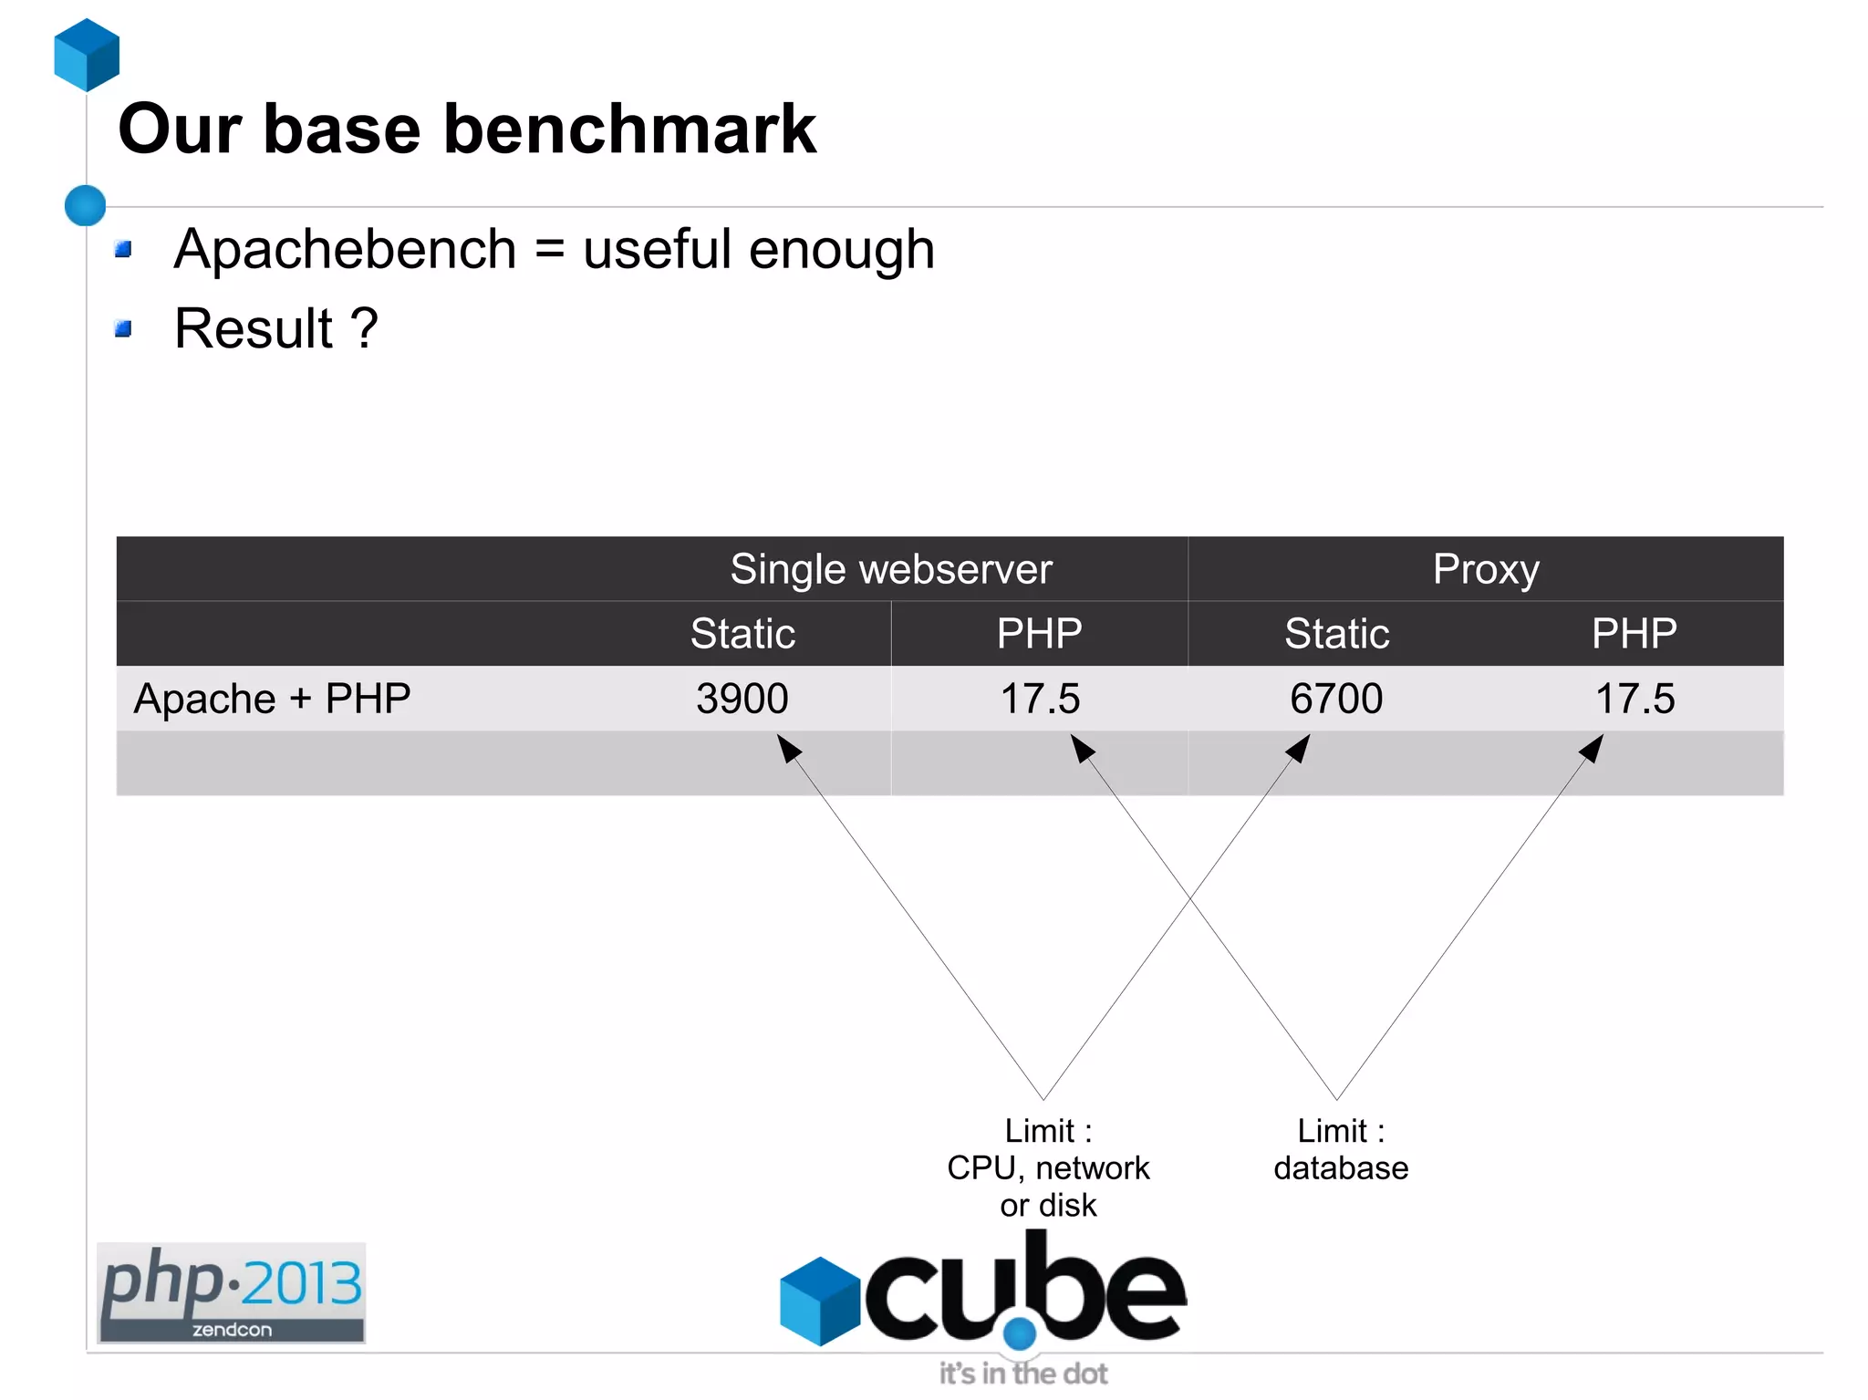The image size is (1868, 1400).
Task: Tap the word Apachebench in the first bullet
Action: click(345, 249)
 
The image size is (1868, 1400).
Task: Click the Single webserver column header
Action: click(890, 569)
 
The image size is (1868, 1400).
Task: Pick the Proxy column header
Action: click(1485, 569)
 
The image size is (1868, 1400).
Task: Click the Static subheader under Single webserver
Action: click(742, 634)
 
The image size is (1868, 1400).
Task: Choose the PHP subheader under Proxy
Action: click(1634, 634)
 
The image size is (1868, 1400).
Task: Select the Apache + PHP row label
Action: click(272, 699)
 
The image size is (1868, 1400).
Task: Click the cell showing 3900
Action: click(742, 699)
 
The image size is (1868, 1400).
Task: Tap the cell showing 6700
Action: click(1336, 699)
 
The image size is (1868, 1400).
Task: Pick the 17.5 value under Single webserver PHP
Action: click(1040, 699)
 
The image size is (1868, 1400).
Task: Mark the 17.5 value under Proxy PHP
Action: click(1634, 699)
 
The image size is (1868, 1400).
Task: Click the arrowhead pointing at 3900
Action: click(788, 748)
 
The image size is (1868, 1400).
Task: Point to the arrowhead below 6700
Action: click(1299, 748)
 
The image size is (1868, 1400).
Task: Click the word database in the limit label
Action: click(1341, 1168)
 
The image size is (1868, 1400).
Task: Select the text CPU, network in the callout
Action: click(1048, 1168)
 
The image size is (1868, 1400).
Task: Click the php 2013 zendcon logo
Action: click(231, 1292)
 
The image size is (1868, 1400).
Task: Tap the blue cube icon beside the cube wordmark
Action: click(820, 1301)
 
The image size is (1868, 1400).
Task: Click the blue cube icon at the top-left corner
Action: click(87, 55)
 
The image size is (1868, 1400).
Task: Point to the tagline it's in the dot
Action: click(1023, 1374)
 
